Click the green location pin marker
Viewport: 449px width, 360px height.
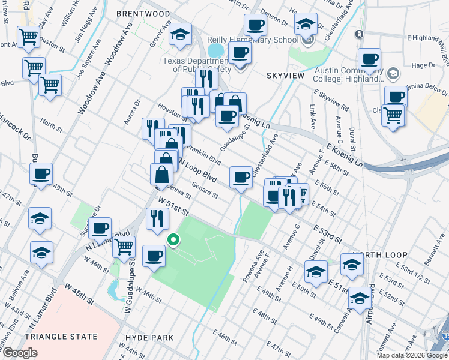(x=173, y=241)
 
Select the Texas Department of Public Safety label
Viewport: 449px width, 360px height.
(x=197, y=65)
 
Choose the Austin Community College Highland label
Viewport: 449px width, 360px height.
(x=349, y=74)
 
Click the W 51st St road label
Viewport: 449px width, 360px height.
(x=173, y=208)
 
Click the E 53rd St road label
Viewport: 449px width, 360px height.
(x=327, y=234)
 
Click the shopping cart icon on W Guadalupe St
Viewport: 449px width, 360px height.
(x=124, y=246)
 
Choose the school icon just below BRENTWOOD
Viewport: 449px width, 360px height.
(x=179, y=34)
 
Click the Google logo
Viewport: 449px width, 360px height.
(x=20, y=353)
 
